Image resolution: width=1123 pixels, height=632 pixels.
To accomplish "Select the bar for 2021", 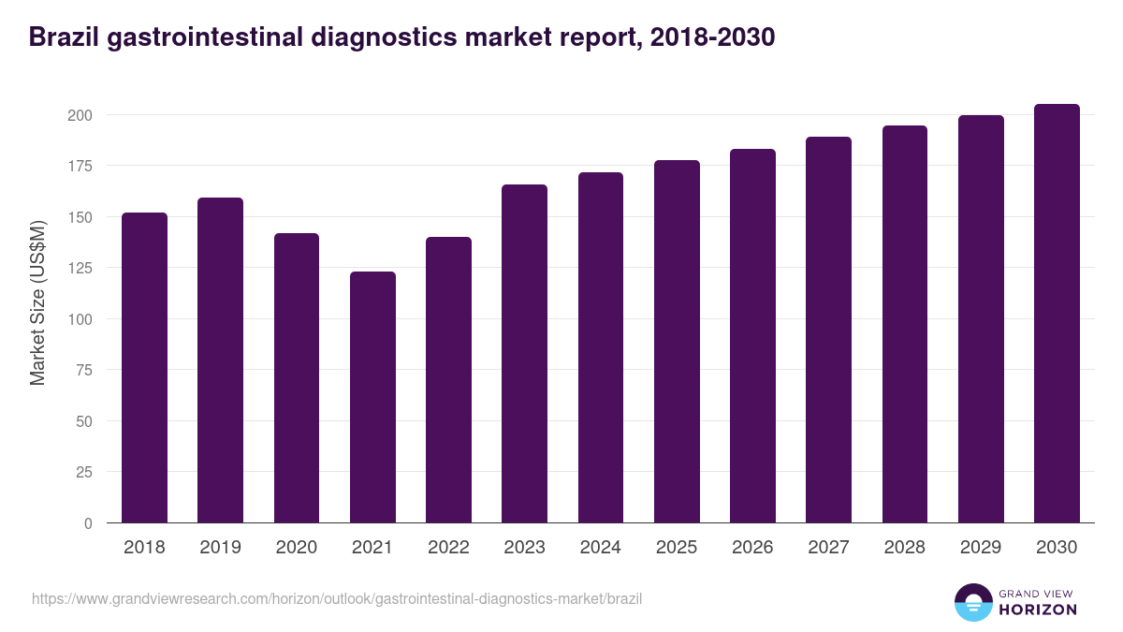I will (372, 397).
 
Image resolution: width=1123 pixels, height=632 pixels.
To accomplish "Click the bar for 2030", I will (1057, 314).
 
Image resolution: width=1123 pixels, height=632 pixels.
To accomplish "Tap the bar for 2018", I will (144, 368).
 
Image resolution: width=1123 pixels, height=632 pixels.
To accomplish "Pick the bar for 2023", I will (524, 354).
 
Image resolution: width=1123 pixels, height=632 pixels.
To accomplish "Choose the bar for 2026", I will (752, 336).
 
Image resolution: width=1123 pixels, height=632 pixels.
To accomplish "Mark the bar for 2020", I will (297, 378).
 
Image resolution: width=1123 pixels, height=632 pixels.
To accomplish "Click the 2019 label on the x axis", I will (220, 548).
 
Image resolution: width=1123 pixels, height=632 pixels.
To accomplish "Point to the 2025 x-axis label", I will (677, 548).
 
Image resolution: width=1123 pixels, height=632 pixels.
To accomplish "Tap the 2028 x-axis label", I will (905, 548).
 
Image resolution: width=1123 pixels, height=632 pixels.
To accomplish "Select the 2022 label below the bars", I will (448, 548).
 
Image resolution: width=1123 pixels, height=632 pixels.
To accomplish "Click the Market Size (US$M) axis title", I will (37, 302).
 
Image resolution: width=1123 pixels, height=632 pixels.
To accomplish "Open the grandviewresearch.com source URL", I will (337, 598).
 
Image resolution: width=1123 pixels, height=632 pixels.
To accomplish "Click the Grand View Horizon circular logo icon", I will (972, 602).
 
